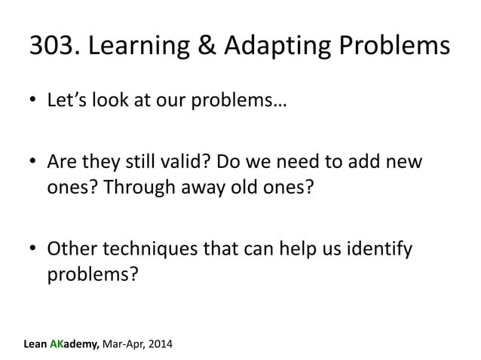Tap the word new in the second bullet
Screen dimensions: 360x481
point(407,163)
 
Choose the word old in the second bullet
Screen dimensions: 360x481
point(243,188)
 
